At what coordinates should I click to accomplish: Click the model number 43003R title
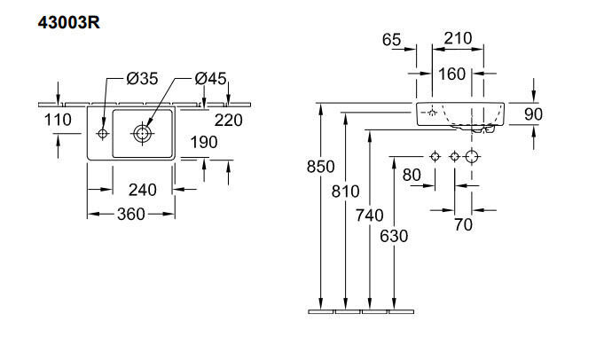(69, 23)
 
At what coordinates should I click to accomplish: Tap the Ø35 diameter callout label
(142, 79)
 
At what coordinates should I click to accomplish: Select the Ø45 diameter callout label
(211, 79)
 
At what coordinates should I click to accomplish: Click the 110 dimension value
(58, 120)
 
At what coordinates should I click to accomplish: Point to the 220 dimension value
(229, 121)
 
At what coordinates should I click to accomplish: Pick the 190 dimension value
(204, 143)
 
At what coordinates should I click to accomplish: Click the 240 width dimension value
(143, 190)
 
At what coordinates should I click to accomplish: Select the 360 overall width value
(131, 214)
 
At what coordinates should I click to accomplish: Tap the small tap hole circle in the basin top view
(103, 134)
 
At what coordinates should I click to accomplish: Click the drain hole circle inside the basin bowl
(142, 134)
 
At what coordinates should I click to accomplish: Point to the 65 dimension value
(392, 40)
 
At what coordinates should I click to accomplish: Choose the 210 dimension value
(458, 38)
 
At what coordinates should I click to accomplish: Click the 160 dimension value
(451, 74)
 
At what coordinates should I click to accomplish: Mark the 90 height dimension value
(534, 114)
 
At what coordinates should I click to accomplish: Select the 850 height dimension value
(320, 167)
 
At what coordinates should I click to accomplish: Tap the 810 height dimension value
(345, 192)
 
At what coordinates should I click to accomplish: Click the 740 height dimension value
(370, 215)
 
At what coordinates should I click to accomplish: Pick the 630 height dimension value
(394, 236)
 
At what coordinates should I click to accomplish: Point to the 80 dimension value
(412, 176)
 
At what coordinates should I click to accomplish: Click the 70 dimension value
(463, 225)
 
